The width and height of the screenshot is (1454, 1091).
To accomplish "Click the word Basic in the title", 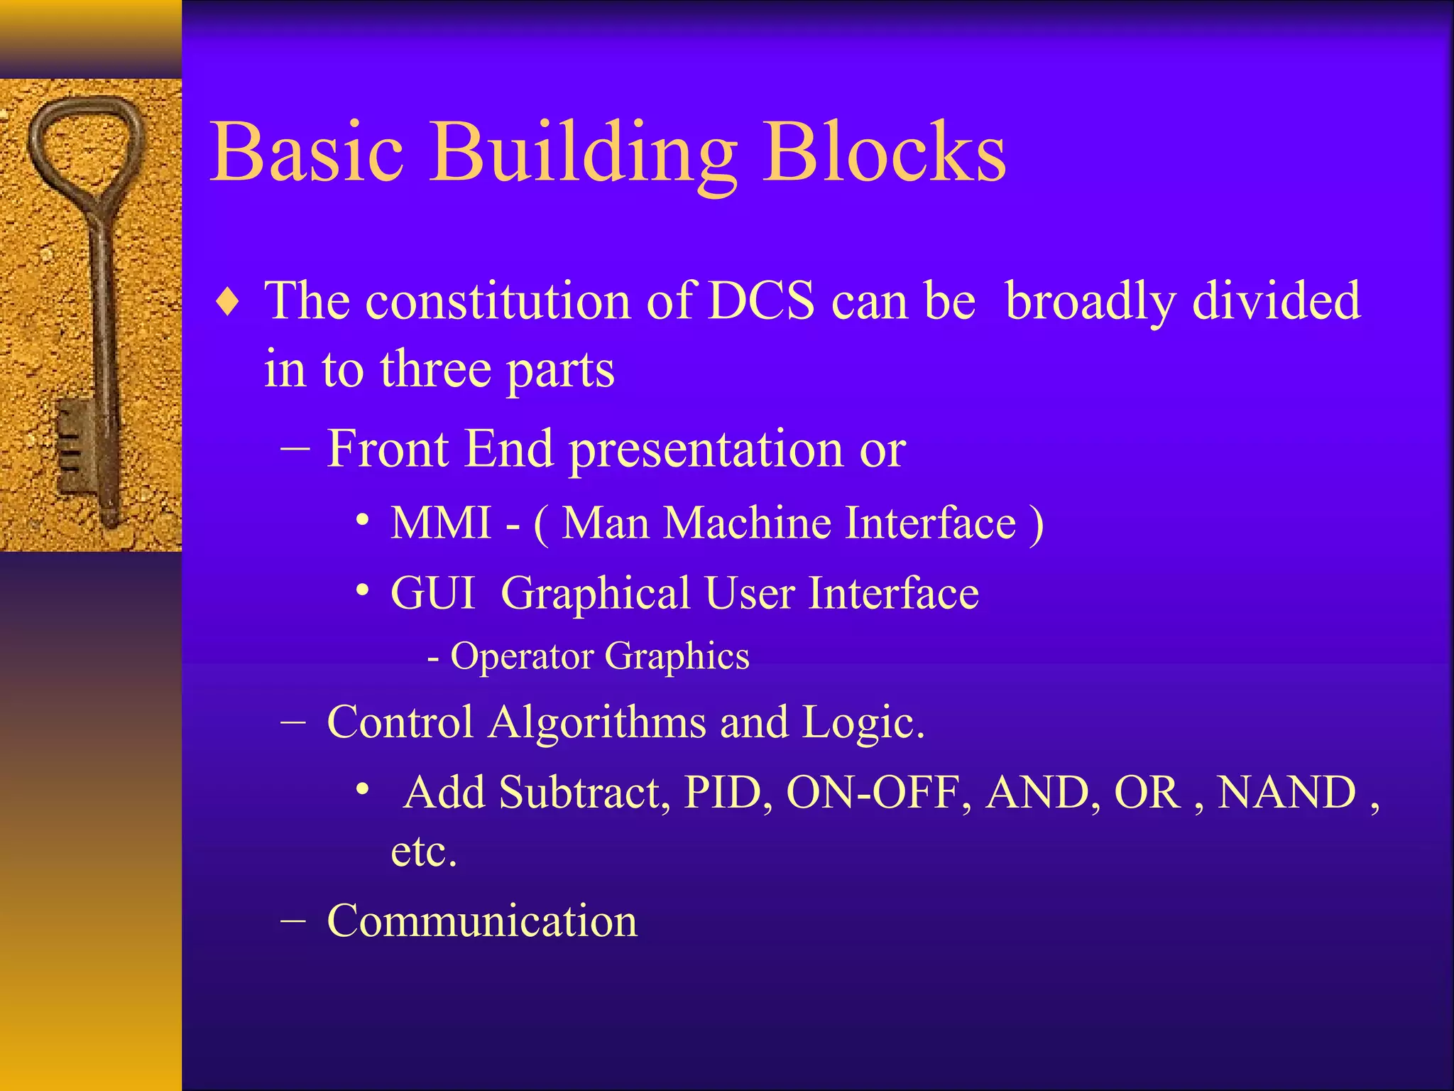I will [307, 152].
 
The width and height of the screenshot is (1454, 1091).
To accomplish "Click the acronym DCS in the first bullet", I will [762, 300].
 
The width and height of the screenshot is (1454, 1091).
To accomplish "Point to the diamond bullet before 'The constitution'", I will [228, 303].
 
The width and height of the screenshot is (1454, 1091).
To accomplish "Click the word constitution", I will [497, 300].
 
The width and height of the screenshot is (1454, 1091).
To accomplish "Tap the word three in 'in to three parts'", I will [435, 369].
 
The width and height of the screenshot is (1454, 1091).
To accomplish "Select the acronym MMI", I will [441, 523].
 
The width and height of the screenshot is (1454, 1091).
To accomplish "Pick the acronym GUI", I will [432, 593].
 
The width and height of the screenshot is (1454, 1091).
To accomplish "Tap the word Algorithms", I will [598, 722].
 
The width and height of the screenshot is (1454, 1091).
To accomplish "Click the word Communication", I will [482, 921].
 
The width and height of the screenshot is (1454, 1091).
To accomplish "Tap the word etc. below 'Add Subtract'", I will [424, 852].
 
